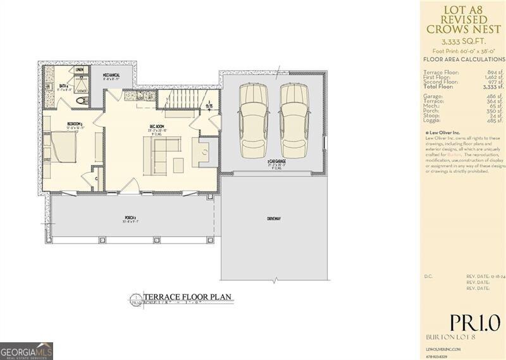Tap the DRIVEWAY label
point(273,218)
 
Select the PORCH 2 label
point(131,220)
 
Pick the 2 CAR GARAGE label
point(276,162)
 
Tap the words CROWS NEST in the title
point(464,29)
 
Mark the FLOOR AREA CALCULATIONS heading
point(464,59)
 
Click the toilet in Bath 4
point(80,101)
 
